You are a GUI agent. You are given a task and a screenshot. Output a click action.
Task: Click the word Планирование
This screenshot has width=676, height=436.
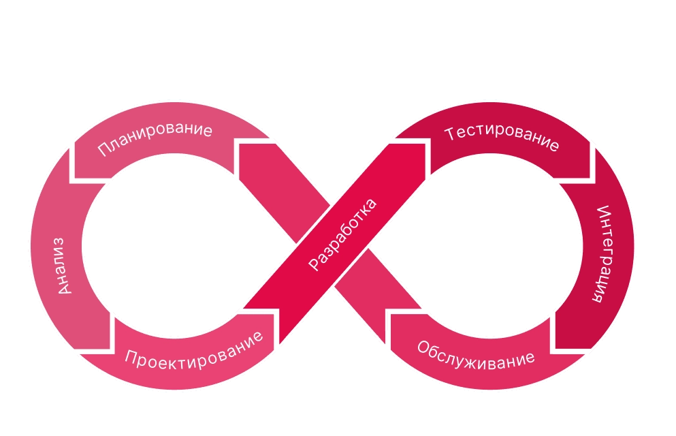tap(155, 140)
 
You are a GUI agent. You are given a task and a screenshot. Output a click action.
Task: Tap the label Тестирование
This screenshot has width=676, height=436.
tap(502, 139)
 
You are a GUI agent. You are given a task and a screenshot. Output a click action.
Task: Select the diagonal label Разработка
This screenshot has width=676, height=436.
tap(342, 235)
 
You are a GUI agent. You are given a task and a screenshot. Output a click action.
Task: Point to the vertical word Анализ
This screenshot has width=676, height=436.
tap(61, 265)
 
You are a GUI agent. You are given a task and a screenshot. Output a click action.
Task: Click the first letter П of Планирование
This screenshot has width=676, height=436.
tap(103, 151)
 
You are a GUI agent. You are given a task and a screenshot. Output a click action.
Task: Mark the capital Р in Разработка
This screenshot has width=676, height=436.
tap(314, 264)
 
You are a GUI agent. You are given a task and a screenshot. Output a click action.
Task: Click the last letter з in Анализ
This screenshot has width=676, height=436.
tap(61, 241)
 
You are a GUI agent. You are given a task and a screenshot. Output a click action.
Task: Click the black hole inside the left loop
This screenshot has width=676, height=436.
tap(163, 245)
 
